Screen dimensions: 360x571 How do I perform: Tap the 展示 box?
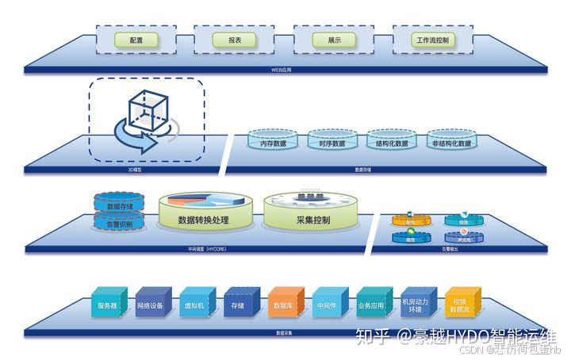[x=333, y=39]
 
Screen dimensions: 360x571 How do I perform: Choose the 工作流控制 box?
[x=433, y=39]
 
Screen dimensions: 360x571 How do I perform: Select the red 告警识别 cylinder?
[x=119, y=224]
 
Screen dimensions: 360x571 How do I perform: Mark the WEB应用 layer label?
[x=282, y=70]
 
